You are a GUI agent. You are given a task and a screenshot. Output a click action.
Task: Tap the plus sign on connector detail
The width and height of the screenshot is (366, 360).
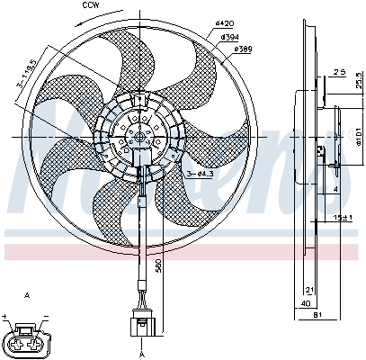5,316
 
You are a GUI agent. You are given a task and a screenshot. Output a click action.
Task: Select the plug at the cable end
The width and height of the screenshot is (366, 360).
138,321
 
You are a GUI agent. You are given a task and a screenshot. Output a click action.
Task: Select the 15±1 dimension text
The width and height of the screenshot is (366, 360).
342,218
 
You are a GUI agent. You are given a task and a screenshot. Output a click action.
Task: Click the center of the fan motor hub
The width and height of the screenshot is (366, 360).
139,137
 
